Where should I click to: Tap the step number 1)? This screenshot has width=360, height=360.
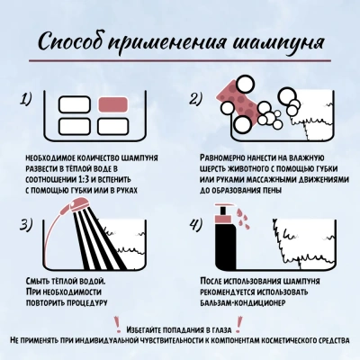tap(26, 99)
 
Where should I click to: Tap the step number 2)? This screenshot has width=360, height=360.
tap(196, 99)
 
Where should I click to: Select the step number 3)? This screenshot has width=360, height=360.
tap(26, 225)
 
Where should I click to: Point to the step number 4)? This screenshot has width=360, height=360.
tap(196, 225)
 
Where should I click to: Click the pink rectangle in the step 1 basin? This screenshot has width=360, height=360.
tap(113, 104)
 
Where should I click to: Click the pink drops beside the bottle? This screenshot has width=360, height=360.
tap(241, 219)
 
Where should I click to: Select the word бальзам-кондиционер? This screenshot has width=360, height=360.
tap(242, 302)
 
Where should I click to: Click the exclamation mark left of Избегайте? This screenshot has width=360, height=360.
tap(117, 324)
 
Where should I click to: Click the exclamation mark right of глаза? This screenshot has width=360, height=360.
tap(239, 324)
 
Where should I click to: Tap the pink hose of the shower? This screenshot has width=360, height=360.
tap(51, 234)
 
